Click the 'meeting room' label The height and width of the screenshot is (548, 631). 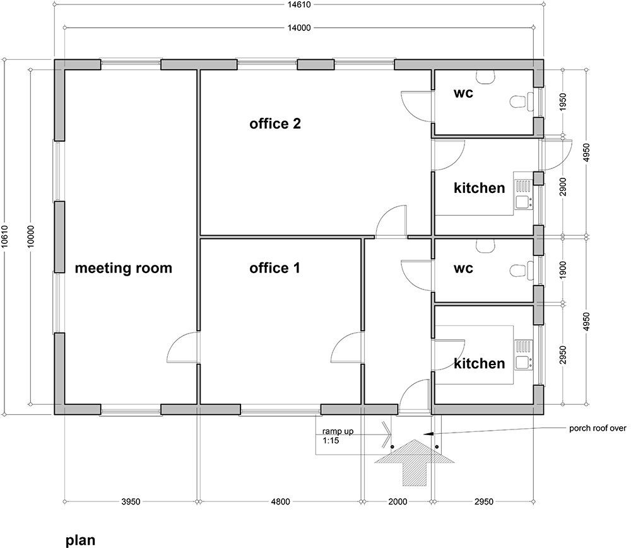coord(123,268)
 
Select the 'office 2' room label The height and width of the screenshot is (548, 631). coord(274,124)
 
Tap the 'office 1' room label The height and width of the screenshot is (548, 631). coord(274,268)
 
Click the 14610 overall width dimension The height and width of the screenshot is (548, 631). coord(299,4)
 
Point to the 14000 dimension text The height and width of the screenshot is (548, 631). coord(299,28)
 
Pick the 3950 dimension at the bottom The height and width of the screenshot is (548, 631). coord(131,503)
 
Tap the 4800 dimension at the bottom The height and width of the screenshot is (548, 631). coord(280,503)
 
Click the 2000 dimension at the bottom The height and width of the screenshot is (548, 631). coord(397,503)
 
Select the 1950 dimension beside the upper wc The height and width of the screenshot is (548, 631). coord(563,102)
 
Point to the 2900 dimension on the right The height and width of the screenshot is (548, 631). coord(563,187)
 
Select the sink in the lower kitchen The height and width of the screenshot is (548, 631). coord(523,363)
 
